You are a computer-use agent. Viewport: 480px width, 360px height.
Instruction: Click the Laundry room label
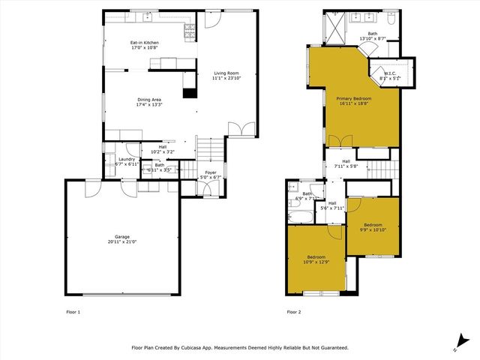(127, 159)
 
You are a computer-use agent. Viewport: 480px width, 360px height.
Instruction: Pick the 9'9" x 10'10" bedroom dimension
(373, 230)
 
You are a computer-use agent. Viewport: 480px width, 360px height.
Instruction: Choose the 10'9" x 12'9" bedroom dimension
(314, 262)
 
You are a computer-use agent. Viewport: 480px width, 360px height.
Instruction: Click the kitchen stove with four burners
(189, 31)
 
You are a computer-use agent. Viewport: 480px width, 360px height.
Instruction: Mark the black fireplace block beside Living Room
(190, 94)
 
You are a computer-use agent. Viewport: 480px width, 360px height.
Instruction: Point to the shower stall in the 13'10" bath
(333, 27)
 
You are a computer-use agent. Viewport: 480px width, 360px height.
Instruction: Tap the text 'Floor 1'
(73, 311)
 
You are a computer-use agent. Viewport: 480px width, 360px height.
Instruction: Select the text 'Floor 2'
(293, 311)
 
